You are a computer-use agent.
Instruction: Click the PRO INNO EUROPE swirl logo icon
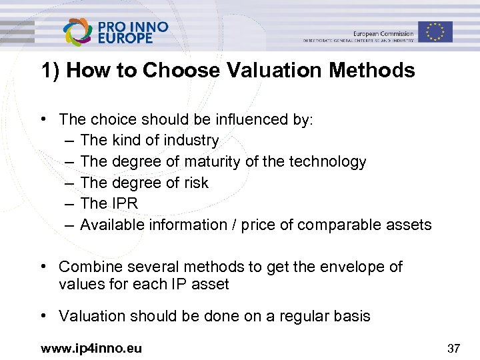click(79, 31)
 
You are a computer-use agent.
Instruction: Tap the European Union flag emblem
click(436, 31)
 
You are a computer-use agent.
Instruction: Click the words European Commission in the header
click(383, 33)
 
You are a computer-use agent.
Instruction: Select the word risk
click(195, 183)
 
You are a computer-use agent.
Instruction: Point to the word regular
click(298, 316)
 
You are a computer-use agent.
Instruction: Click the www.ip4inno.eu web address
click(91, 348)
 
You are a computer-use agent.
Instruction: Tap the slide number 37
click(453, 348)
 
